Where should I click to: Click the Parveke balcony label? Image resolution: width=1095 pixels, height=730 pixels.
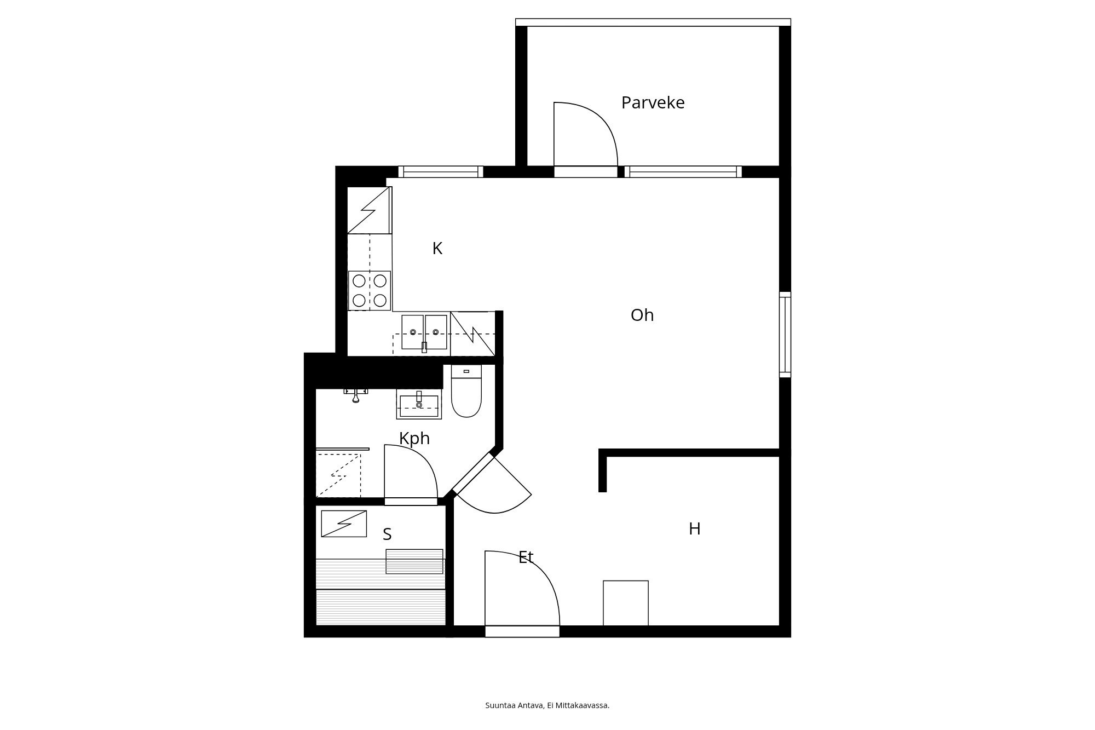(x=653, y=103)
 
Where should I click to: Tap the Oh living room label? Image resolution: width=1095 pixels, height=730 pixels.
(x=642, y=315)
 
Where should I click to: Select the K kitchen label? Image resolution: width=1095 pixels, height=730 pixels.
(x=437, y=249)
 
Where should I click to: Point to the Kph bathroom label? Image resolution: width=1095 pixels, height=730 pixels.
(x=414, y=439)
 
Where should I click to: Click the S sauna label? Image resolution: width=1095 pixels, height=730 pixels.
(x=387, y=534)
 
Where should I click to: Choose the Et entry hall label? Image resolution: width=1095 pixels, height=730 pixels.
(x=526, y=558)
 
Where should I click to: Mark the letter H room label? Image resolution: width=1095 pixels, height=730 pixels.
(x=694, y=529)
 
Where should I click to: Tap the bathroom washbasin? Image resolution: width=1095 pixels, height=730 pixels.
(x=419, y=405)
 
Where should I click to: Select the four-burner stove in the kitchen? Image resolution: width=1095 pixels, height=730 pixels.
(x=370, y=290)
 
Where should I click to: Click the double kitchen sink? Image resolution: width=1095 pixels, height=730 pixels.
(x=424, y=332)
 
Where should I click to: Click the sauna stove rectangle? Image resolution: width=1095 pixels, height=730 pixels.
(x=344, y=524)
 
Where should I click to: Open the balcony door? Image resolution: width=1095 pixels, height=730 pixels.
(x=585, y=137)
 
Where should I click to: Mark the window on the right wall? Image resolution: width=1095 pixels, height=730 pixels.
(x=785, y=335)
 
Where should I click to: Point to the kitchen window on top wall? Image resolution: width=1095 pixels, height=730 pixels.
(x=440, y=172)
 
